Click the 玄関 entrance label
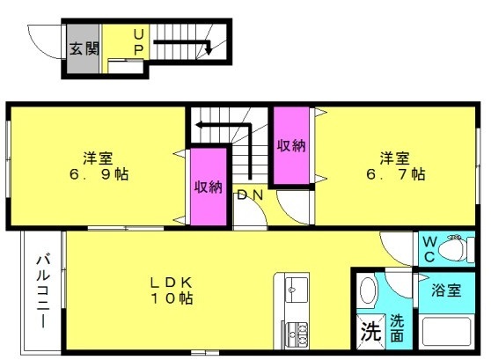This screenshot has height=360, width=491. [84, 48]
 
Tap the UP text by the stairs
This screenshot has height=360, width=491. [139, 42]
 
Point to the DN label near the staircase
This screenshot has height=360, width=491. [250, 195]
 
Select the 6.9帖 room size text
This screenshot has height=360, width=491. [99, 174]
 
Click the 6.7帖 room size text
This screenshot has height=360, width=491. [396, 174]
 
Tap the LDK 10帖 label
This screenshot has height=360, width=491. [172, 290]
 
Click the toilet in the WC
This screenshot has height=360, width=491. [456, 249]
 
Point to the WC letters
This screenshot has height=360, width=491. [429, 249]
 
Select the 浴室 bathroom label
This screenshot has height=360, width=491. [446, 290]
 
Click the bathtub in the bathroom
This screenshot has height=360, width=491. [447, 332]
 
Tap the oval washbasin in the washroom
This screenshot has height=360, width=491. [368, 290]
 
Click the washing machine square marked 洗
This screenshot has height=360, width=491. [371, 332]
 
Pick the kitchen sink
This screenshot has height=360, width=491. [297, 290]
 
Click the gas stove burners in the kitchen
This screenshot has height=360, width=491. [297, 334]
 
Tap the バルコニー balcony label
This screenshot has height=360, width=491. [43, 292]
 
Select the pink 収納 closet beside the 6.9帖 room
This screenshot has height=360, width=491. [209, 187]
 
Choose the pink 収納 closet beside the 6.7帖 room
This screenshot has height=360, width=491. [291, 146]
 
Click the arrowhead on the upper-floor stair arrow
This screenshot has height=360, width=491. [199, 125]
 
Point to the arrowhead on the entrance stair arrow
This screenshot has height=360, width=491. [209, 50]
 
